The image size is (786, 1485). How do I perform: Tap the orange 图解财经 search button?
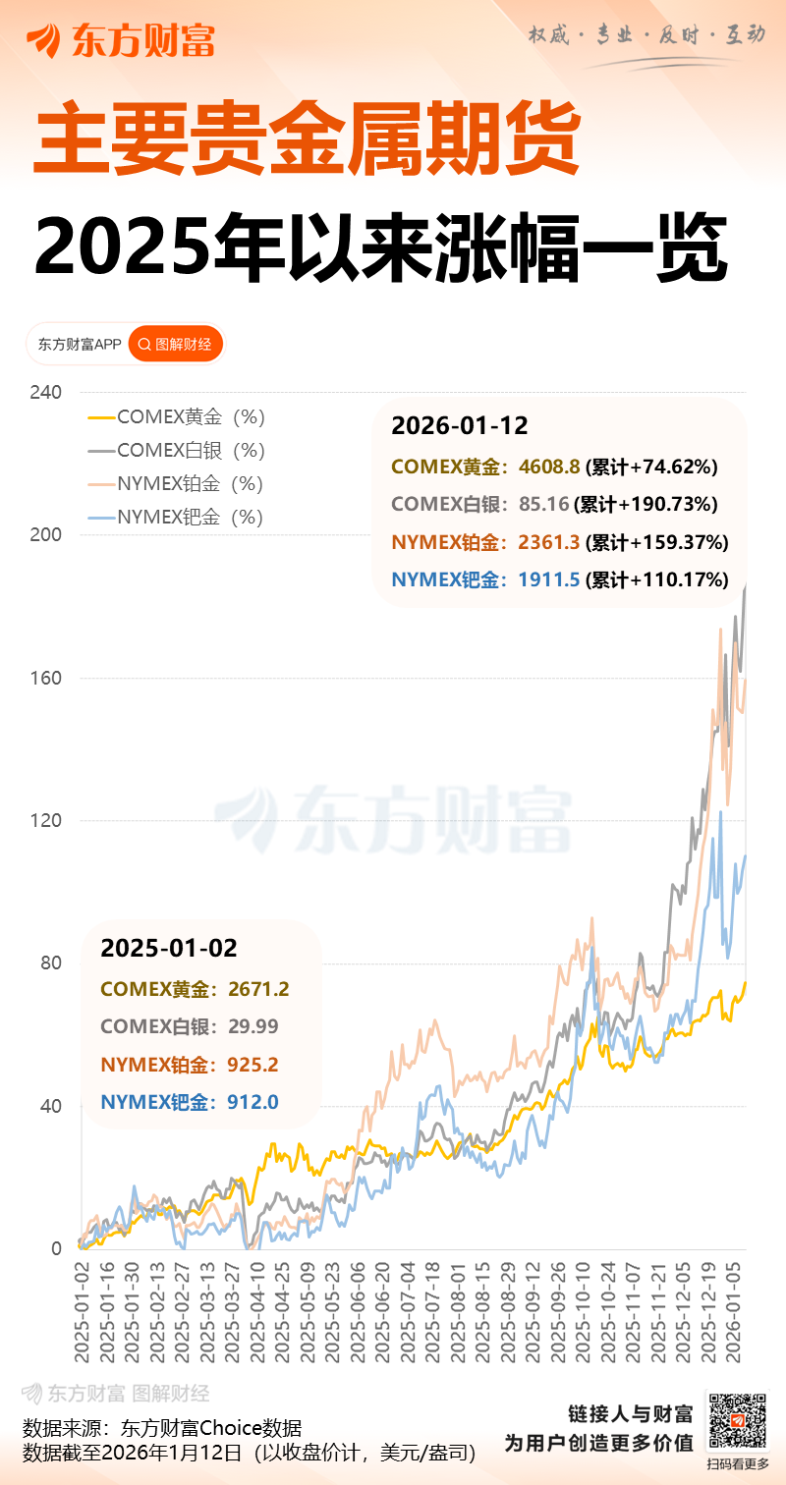pos(176,344)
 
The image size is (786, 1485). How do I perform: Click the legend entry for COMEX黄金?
pos(177,417)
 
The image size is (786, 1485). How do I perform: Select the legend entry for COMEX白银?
pos(177,451)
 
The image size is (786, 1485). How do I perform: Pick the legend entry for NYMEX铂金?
pos(177,484)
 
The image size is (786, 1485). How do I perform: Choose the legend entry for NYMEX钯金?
pos(177,518)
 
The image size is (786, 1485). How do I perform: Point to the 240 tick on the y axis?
pos(45,393)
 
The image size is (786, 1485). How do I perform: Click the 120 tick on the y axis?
pos(45,821)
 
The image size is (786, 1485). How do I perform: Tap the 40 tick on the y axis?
pos(49,1107)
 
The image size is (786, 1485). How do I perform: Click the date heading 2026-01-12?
pos(460,426)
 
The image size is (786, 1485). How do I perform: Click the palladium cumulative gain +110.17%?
pos(657,579)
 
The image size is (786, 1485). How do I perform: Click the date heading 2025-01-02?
pos(169,949)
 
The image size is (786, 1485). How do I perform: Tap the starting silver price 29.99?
pos(253,1027)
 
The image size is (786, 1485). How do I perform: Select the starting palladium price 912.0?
pos(253,1103)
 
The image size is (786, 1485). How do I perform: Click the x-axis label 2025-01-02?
pos(83,1311)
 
